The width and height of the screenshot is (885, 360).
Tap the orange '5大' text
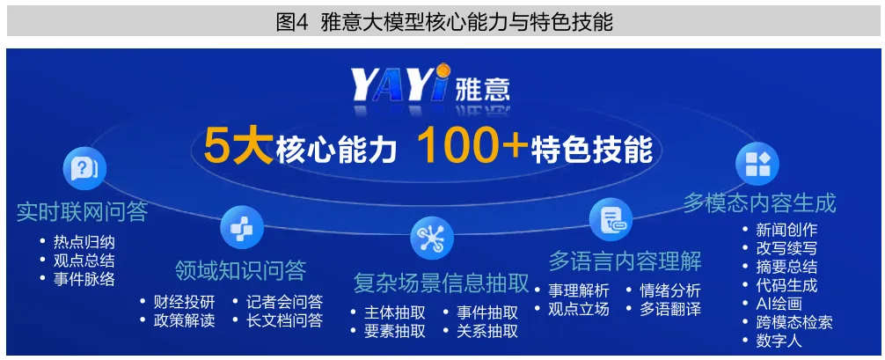239,147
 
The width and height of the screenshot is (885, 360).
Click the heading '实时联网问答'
82,212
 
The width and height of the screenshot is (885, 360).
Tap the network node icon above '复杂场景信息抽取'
432,237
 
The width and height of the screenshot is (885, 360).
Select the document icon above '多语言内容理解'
611,220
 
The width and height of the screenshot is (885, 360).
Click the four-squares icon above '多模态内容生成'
757,164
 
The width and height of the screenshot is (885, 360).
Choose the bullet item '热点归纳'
84,242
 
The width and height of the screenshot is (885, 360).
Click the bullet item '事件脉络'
84,279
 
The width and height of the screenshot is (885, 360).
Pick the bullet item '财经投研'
184,302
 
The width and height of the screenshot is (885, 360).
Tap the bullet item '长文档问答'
284,320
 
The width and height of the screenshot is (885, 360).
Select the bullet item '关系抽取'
487,331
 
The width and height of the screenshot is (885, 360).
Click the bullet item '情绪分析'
670,291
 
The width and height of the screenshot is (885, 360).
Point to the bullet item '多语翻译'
670,310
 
